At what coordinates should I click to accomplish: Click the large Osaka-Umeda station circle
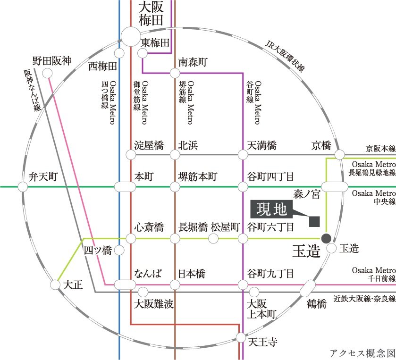(x=131, y=37)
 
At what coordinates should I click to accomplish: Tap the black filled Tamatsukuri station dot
(x=326, y=238)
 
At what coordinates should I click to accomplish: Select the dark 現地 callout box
(x=271, y=209)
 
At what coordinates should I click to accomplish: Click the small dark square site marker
(x=314, y=221)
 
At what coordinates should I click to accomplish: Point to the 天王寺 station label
(x=262, y=342)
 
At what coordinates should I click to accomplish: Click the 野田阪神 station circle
(x=47, y=74)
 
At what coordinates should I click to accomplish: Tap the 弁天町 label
(x=43, y=176)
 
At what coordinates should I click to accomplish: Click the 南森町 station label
(x=193, y=62)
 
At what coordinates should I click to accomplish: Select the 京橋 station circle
(x=340, y=154)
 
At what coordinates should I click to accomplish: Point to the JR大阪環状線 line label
(x=285, y=56)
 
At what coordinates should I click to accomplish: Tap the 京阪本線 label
(x=381, y=149)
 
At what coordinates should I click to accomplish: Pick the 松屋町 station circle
(x=213, y=238)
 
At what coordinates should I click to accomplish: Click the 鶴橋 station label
(x=316, y=303)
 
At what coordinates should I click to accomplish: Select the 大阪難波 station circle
(x=143, y=292)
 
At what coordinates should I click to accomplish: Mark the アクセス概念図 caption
(x=362, y=353)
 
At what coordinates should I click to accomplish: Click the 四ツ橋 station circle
(x=119, y=250)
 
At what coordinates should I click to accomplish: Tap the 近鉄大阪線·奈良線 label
(x=364, y=299)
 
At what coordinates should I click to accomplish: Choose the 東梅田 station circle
(x=143, y=53)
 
